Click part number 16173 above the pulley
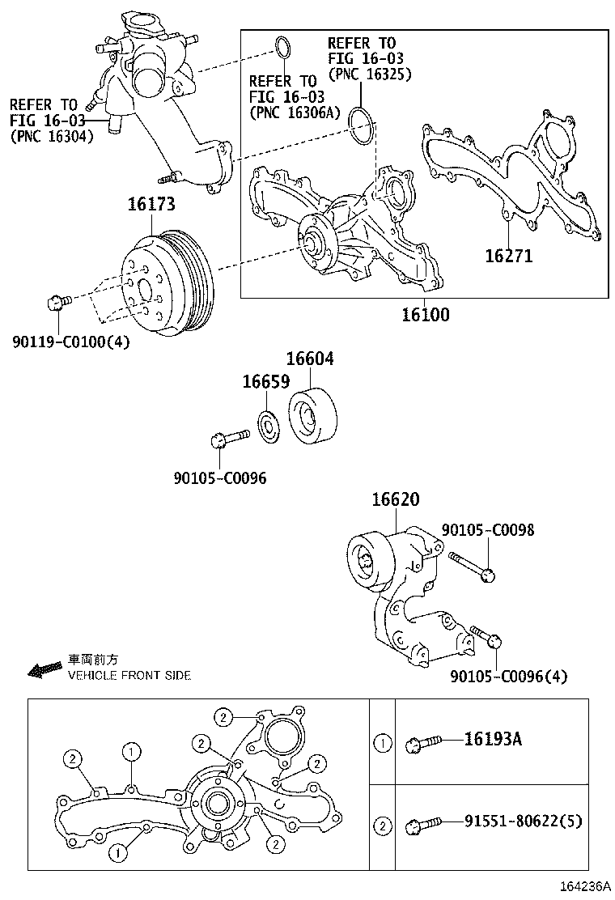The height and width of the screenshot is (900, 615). tap(150, 206)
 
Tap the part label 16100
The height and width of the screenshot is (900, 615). tap(425, 314)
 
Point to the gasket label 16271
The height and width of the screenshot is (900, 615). tap(509, 256)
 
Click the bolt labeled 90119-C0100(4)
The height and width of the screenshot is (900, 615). tap(56, 303)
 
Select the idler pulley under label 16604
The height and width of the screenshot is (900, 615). tap(316, 418)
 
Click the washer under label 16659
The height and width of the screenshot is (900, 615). tap(267, 426)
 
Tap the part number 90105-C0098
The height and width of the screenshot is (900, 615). tap(488, 530)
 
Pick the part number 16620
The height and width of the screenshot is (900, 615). tap(396, 500)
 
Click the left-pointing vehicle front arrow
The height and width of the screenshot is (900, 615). tap(45, 669)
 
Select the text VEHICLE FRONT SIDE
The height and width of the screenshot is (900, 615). tap(129, 675)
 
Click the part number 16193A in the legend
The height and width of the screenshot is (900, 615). tap(493, 739)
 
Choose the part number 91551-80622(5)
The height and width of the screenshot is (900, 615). tap(523, 821)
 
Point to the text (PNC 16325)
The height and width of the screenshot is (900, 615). tap(370, 74)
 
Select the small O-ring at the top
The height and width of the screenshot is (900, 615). tap(281, 49)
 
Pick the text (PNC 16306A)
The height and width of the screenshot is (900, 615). tap(295, 112)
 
